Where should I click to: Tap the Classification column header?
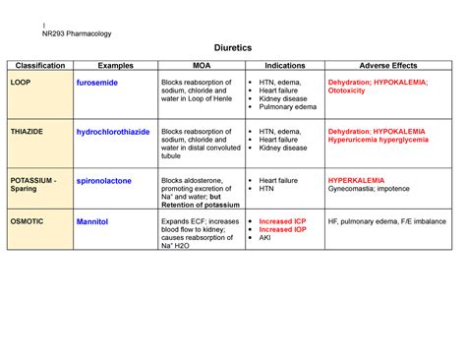point(39,66)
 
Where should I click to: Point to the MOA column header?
point(200,66)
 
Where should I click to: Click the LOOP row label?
point(21,83)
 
